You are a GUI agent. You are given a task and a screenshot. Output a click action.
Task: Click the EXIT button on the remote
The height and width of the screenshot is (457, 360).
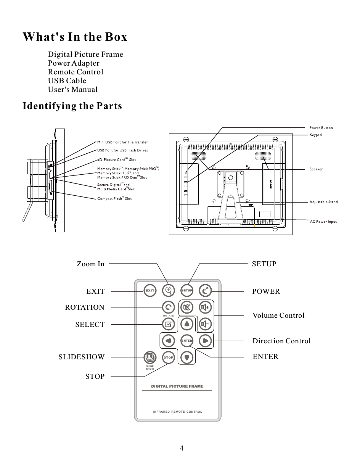150,290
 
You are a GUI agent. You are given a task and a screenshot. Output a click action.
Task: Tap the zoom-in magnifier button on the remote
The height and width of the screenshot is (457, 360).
168,290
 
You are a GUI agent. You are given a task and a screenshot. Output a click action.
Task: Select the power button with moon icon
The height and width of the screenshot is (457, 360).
206,290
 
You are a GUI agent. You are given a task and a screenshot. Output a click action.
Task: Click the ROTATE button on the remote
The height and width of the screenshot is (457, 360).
168,307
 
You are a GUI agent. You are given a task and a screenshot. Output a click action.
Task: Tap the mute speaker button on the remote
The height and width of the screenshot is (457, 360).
187,307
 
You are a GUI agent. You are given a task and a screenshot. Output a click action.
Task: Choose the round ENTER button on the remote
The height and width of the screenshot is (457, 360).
186,340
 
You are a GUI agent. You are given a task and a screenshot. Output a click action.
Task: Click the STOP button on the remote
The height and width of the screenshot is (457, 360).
168,357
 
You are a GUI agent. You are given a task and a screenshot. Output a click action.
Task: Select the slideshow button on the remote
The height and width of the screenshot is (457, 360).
150,357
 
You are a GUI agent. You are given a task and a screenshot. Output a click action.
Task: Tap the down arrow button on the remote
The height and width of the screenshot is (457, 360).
187,357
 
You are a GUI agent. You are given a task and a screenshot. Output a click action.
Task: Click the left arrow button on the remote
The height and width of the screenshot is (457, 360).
168,340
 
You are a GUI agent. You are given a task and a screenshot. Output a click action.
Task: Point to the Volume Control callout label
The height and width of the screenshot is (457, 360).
278,315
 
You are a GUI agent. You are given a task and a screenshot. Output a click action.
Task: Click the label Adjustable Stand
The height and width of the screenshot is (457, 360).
323,202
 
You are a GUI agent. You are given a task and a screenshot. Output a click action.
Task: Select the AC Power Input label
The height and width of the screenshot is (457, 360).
323,221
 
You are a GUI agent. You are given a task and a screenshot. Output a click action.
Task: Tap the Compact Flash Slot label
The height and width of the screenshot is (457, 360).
114,198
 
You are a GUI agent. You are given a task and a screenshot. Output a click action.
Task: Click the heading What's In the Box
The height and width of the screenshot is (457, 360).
75,37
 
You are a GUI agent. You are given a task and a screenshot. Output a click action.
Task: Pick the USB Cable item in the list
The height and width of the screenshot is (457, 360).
67,81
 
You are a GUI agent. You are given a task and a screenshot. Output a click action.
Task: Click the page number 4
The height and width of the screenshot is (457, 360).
182,448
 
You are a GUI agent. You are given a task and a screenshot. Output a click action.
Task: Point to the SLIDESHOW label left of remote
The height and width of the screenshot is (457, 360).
81,357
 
